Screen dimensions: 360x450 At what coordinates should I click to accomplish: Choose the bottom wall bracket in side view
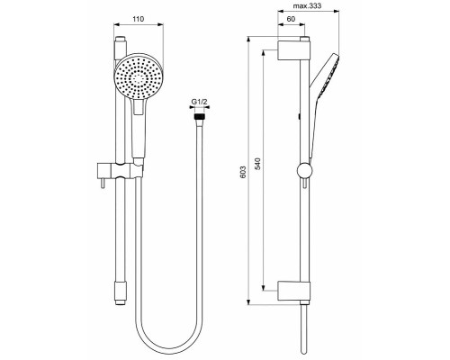point(294,290)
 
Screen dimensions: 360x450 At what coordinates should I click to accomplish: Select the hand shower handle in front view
point(137,130)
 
